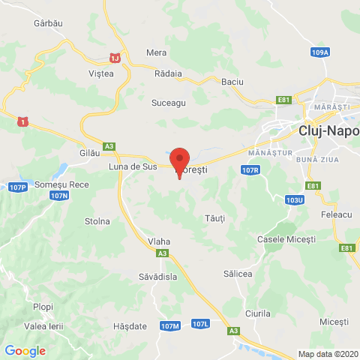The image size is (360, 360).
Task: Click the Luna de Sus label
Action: tap(133, 166)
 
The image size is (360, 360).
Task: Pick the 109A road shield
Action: tap(319, 52)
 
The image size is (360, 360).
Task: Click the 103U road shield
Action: tap(294, 200)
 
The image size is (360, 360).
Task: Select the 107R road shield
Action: tap(250, 171)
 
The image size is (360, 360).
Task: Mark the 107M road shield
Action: tap(170, 326)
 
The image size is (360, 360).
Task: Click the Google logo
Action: tap(25, 350)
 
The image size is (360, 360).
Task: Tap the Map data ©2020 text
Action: tap(328, 354)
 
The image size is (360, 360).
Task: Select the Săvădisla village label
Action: tap(156, 276)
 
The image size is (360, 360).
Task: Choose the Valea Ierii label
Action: tap(43, 325)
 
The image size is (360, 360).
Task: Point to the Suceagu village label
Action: tap(168, 103)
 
